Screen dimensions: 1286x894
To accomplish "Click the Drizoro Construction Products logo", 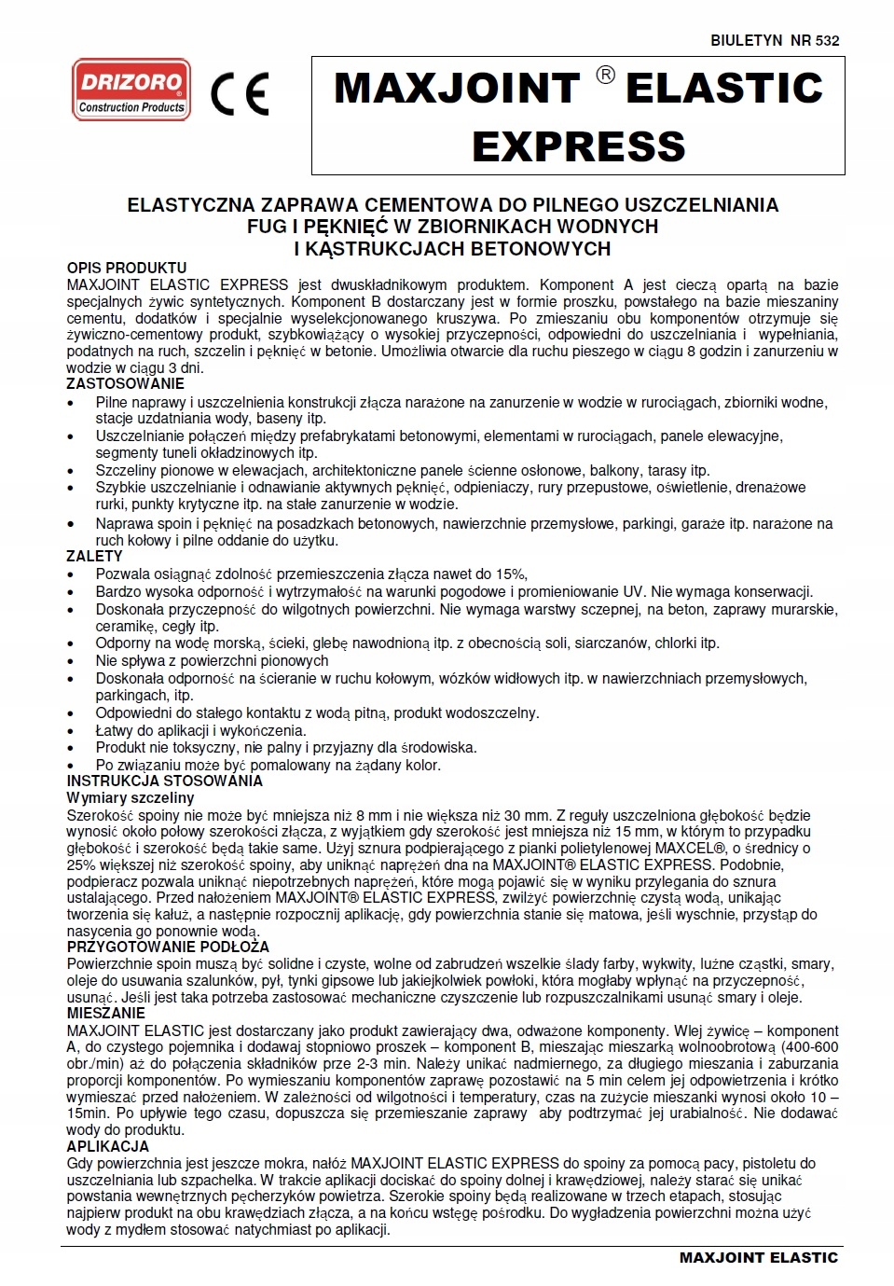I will (x=131, y=90).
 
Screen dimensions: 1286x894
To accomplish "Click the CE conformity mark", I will (x=240, y=93).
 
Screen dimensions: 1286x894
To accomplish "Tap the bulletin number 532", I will (x=827, y=40).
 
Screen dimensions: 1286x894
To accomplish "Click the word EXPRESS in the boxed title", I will (x=578, y=146).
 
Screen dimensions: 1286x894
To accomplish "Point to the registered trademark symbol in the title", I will (x=605, y=76).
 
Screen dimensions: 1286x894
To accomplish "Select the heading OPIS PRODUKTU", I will (x=127, y=268).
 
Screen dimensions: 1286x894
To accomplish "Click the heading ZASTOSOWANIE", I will (x=126, y=383).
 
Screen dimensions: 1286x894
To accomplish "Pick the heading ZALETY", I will (x=95, y=556).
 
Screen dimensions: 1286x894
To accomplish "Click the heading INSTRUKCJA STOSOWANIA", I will (x=165, y=781).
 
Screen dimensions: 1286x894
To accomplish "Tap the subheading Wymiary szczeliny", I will (x=131, y=797).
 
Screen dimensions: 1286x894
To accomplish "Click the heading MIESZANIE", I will (x=106, y=1014).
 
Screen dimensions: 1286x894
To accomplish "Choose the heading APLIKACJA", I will (x=108, y=1146).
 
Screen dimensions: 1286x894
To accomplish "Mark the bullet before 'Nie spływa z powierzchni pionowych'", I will (x=74, y=661).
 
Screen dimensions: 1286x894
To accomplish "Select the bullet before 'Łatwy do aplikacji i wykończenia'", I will (x=74, y=731).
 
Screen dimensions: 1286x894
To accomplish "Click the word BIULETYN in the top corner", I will (x=746, y=40).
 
